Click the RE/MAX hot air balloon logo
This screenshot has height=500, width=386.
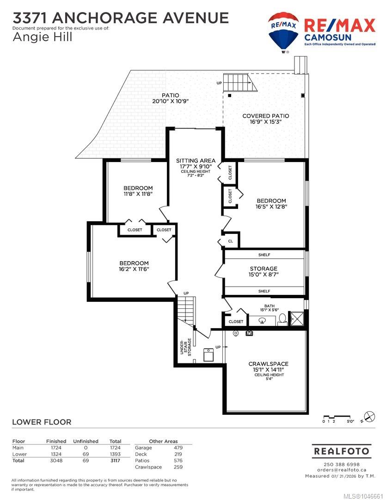[283, 32]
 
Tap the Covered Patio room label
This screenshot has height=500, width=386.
[266, 116]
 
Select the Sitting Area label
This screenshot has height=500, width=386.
[196, 161]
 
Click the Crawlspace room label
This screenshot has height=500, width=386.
[269, 364]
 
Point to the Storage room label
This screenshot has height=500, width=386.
[263, 269]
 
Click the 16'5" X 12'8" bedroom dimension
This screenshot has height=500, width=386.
[271, 206]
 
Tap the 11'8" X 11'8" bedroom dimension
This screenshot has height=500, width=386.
[138, 194]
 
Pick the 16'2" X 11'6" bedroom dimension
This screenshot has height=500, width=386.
[134, 269]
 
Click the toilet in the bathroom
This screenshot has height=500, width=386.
[282, 319]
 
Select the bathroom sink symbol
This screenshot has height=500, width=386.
[263, 320]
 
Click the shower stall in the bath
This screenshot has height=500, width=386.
[296, 318]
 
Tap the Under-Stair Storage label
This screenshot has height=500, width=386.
[185, 347]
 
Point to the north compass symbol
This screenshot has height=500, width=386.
[370, 417]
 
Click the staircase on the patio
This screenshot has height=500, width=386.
[238, 82]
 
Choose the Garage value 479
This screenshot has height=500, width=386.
[178, 448]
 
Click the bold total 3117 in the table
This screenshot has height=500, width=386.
[115, 461]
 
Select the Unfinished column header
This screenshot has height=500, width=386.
[86, 441]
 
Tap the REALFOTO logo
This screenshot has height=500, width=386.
[342, 451]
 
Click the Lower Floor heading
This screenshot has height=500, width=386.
[42, 422]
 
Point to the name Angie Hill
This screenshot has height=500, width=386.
[43, 37]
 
